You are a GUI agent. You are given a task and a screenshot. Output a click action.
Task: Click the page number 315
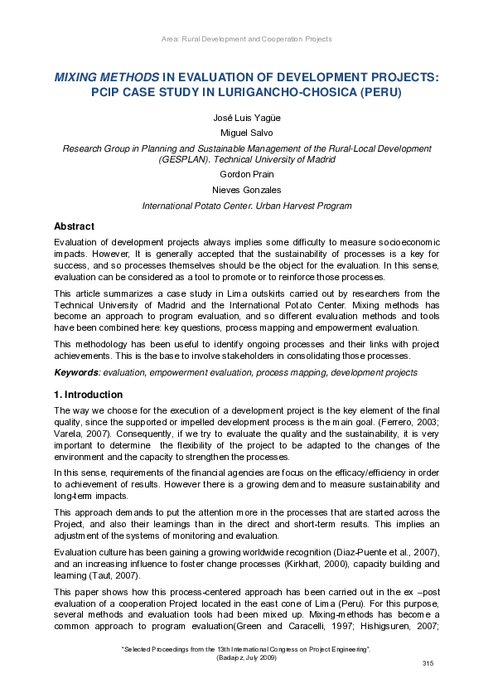click(x=428, y=664)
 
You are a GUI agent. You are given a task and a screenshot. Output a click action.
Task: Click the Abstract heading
click(x=74, y=226)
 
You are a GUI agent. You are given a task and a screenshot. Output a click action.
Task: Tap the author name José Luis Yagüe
click(x=246, y=119)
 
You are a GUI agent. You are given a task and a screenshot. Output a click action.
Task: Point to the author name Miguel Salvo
click(x=246, y=133)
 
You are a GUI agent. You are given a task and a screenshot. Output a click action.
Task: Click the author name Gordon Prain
click(x=246, y=175)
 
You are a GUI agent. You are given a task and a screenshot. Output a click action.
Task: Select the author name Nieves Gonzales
click(x=246, y=190)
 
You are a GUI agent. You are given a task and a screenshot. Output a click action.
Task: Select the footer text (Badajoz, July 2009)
click(x=246, y=657)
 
